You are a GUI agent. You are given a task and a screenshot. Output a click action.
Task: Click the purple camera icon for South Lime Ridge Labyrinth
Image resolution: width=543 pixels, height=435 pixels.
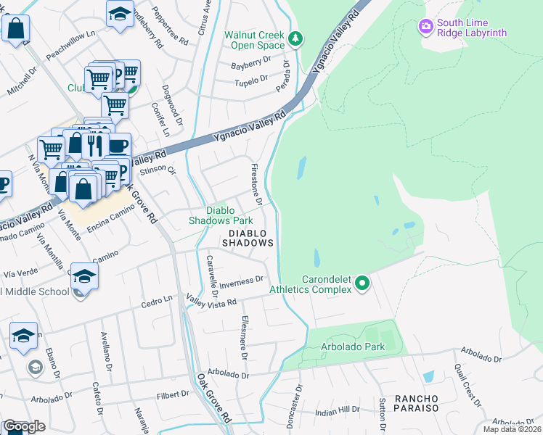[426, 27]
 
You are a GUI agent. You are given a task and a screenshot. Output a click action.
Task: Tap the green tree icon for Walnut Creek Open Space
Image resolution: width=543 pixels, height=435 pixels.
[295, 38]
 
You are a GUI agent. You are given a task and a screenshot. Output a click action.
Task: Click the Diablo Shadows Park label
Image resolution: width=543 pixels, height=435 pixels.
[221, 215]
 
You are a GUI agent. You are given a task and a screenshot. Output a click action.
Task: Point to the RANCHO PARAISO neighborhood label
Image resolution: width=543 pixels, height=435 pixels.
[417, 404]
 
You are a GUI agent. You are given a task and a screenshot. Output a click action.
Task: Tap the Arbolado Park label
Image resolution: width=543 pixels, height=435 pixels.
[353, 347]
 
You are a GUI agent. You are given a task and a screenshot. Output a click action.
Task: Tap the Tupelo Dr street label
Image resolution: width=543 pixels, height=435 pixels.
[251, 79]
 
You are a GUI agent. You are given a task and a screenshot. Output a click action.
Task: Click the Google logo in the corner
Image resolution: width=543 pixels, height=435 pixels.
[23, 426]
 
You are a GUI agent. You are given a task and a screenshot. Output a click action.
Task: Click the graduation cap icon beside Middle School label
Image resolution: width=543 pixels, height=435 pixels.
[84, 276]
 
